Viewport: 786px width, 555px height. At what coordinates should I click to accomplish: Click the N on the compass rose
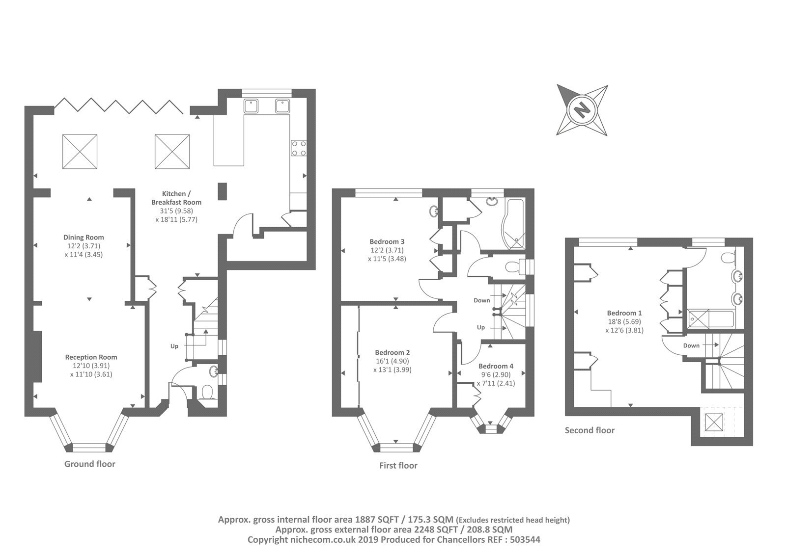click(582, 110)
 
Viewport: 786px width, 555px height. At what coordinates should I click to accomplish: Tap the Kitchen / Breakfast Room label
click(176, 198)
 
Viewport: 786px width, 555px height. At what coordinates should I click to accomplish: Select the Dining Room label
click(84, 238)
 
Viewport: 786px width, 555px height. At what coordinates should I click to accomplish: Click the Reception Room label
click(91, 357)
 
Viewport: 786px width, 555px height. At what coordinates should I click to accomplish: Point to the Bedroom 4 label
click(496, 366)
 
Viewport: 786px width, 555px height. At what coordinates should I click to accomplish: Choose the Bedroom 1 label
click(624, 313)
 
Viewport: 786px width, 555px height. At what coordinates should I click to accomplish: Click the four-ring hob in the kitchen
click(299, 148)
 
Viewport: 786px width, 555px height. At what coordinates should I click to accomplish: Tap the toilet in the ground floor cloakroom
click(207, 392)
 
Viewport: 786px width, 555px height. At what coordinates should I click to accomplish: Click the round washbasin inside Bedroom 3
click(434, 211)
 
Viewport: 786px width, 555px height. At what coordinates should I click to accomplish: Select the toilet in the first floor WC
click(513, 267)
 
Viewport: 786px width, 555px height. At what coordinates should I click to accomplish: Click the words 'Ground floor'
click(90, 464)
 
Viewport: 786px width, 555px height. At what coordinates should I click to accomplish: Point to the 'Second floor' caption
click(589, 430)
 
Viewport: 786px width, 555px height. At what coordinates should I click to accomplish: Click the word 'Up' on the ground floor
click(174, 346)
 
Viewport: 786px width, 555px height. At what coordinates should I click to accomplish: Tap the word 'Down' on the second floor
click(691, 345)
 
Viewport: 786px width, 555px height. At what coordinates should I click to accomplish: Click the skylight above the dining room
click(80, 152)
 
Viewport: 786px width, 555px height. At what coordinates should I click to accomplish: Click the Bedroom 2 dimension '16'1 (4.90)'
click(393, 361)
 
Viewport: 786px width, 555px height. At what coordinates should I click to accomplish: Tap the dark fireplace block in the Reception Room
click(38, 356)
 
